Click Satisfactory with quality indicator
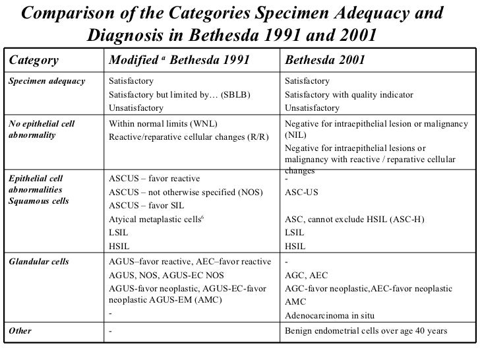[349, 94]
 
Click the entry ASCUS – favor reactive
[154, 178]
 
